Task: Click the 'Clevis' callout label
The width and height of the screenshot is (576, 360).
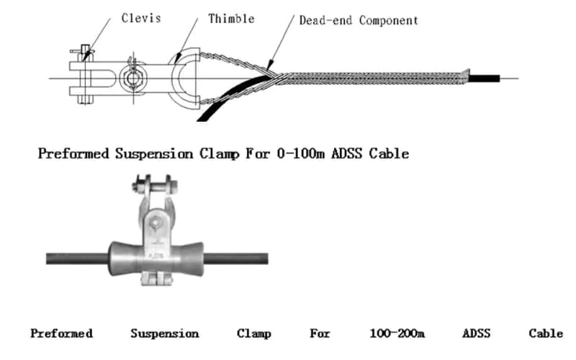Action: (x=141, y=19)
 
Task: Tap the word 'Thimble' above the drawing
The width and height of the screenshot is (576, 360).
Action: (x=231, y=19)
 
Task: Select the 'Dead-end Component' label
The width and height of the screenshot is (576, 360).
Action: (x=358, y=20)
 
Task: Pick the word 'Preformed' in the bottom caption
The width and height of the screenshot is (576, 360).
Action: (x=61, y=333)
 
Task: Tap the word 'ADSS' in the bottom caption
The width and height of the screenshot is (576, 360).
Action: (x=476, y=333)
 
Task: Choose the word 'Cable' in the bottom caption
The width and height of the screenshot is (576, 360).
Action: (x=546, y=333)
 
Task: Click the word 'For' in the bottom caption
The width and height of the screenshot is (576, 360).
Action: (x=320, y=333)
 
